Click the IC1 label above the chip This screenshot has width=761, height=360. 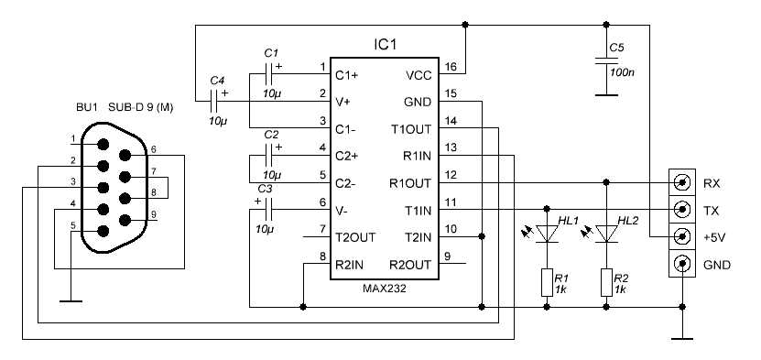(x=386, y=45)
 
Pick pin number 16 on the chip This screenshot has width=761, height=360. (x=450, y=67)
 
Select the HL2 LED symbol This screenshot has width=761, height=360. (x=605, y=235)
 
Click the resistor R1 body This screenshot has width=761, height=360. (x=547, y=281)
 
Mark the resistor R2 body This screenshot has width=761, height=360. (x=605, y=281)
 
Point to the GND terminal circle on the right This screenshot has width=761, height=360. (x=680, y=266)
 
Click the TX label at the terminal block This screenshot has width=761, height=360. (x=711, y=210)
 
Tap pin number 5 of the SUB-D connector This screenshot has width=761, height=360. (x=72, y=224)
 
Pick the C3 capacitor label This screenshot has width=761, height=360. (x=266, y=189)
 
